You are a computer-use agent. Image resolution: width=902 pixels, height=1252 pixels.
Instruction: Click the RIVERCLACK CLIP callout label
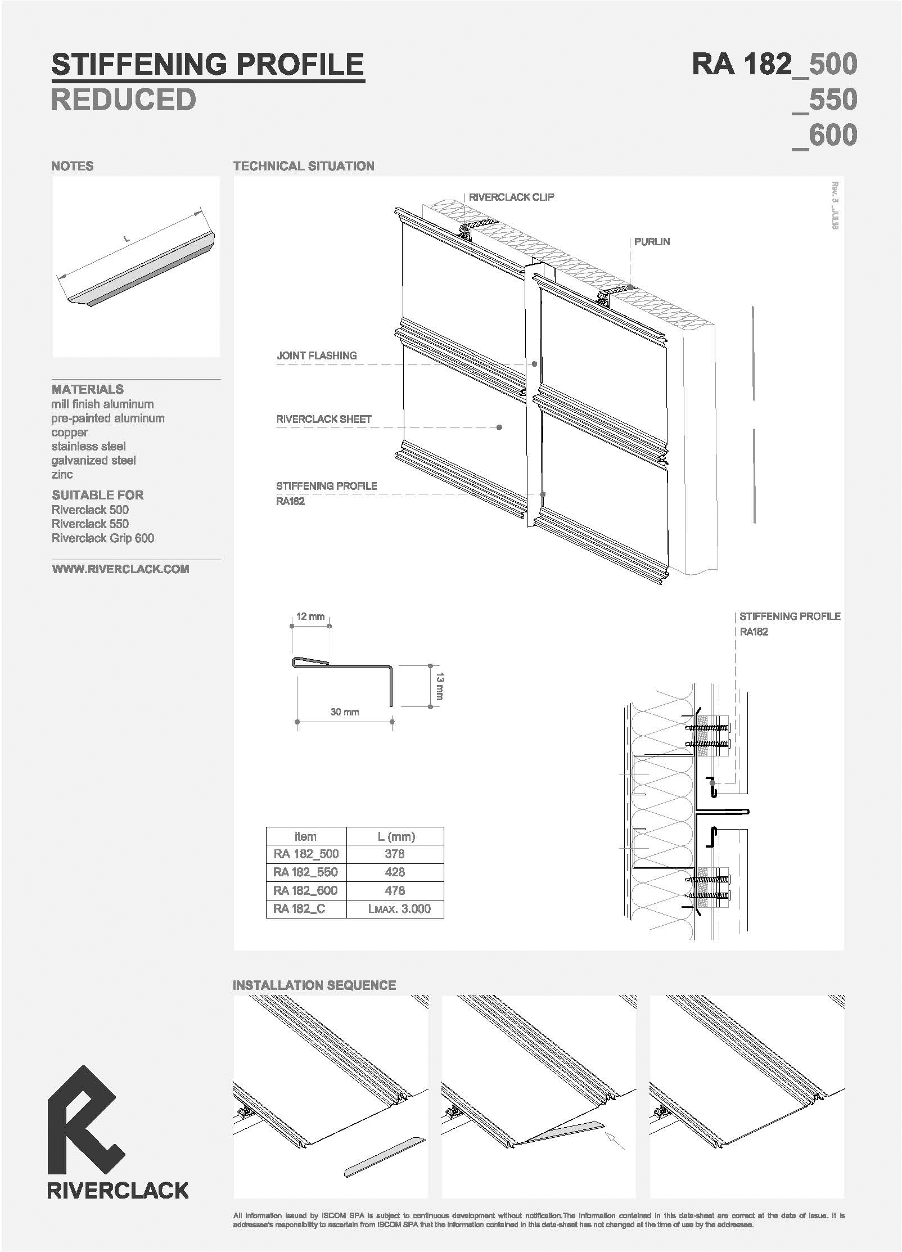[511, 197]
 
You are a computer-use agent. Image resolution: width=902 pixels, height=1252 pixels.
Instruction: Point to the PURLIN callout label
[652, 242]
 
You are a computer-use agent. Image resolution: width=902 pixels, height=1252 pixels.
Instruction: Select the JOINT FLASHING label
[317, 355]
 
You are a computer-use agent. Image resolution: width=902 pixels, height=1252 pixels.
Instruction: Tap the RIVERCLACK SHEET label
[324, 419]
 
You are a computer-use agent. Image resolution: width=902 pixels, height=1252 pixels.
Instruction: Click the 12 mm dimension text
[310, 616]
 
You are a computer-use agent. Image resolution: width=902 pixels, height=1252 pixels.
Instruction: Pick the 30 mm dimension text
[345, 712]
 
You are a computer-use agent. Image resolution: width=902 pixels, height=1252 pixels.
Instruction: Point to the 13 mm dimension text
[440, 686]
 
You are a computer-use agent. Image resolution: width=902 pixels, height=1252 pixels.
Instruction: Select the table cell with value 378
[395, 854]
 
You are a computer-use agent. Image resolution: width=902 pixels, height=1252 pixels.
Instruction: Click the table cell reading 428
[395, 872]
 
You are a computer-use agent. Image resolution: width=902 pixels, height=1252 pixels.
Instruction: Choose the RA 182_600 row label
[306, 890]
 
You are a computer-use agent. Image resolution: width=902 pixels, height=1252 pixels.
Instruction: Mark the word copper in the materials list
[70, 433]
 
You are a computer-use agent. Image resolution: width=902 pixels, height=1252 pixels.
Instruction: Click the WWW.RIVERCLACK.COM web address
[120, 569]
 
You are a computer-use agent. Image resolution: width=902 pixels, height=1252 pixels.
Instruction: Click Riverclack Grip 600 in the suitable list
[103, 538]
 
